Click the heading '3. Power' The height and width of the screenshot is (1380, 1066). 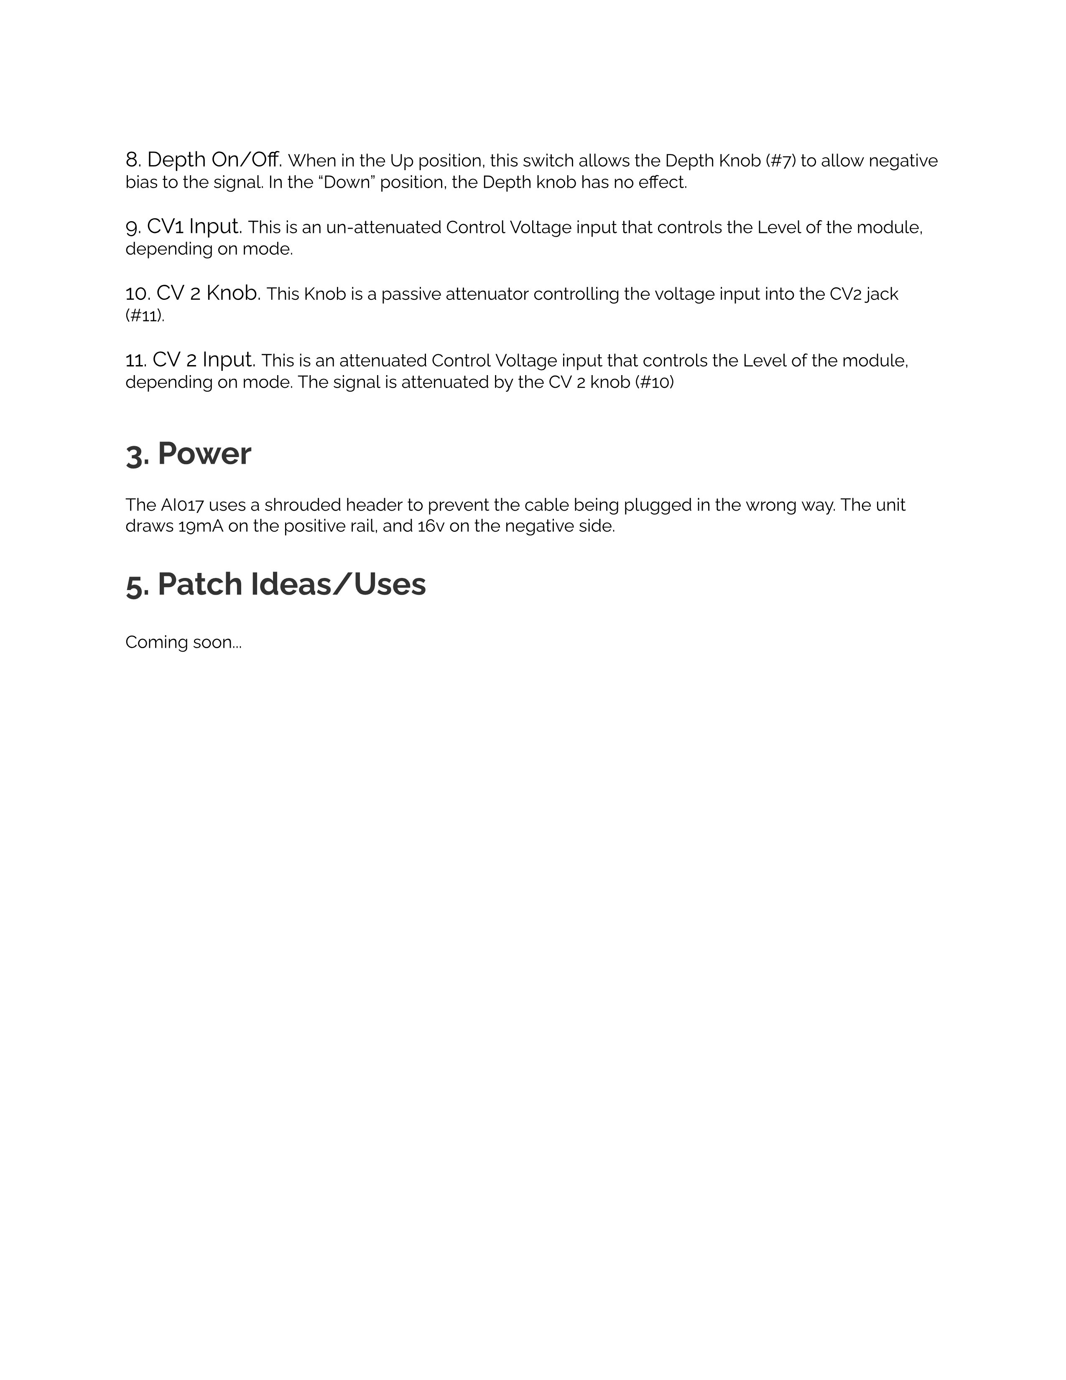(188, 454)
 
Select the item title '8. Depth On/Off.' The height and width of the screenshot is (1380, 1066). (203, 160)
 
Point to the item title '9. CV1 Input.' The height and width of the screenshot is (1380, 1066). (184, 226)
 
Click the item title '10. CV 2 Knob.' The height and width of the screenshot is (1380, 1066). (193, 293)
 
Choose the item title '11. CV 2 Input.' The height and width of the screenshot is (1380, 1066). (190, 360)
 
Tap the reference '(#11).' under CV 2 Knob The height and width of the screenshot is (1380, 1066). (145, 315)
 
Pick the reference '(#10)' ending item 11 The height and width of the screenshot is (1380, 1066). (654, 382)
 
